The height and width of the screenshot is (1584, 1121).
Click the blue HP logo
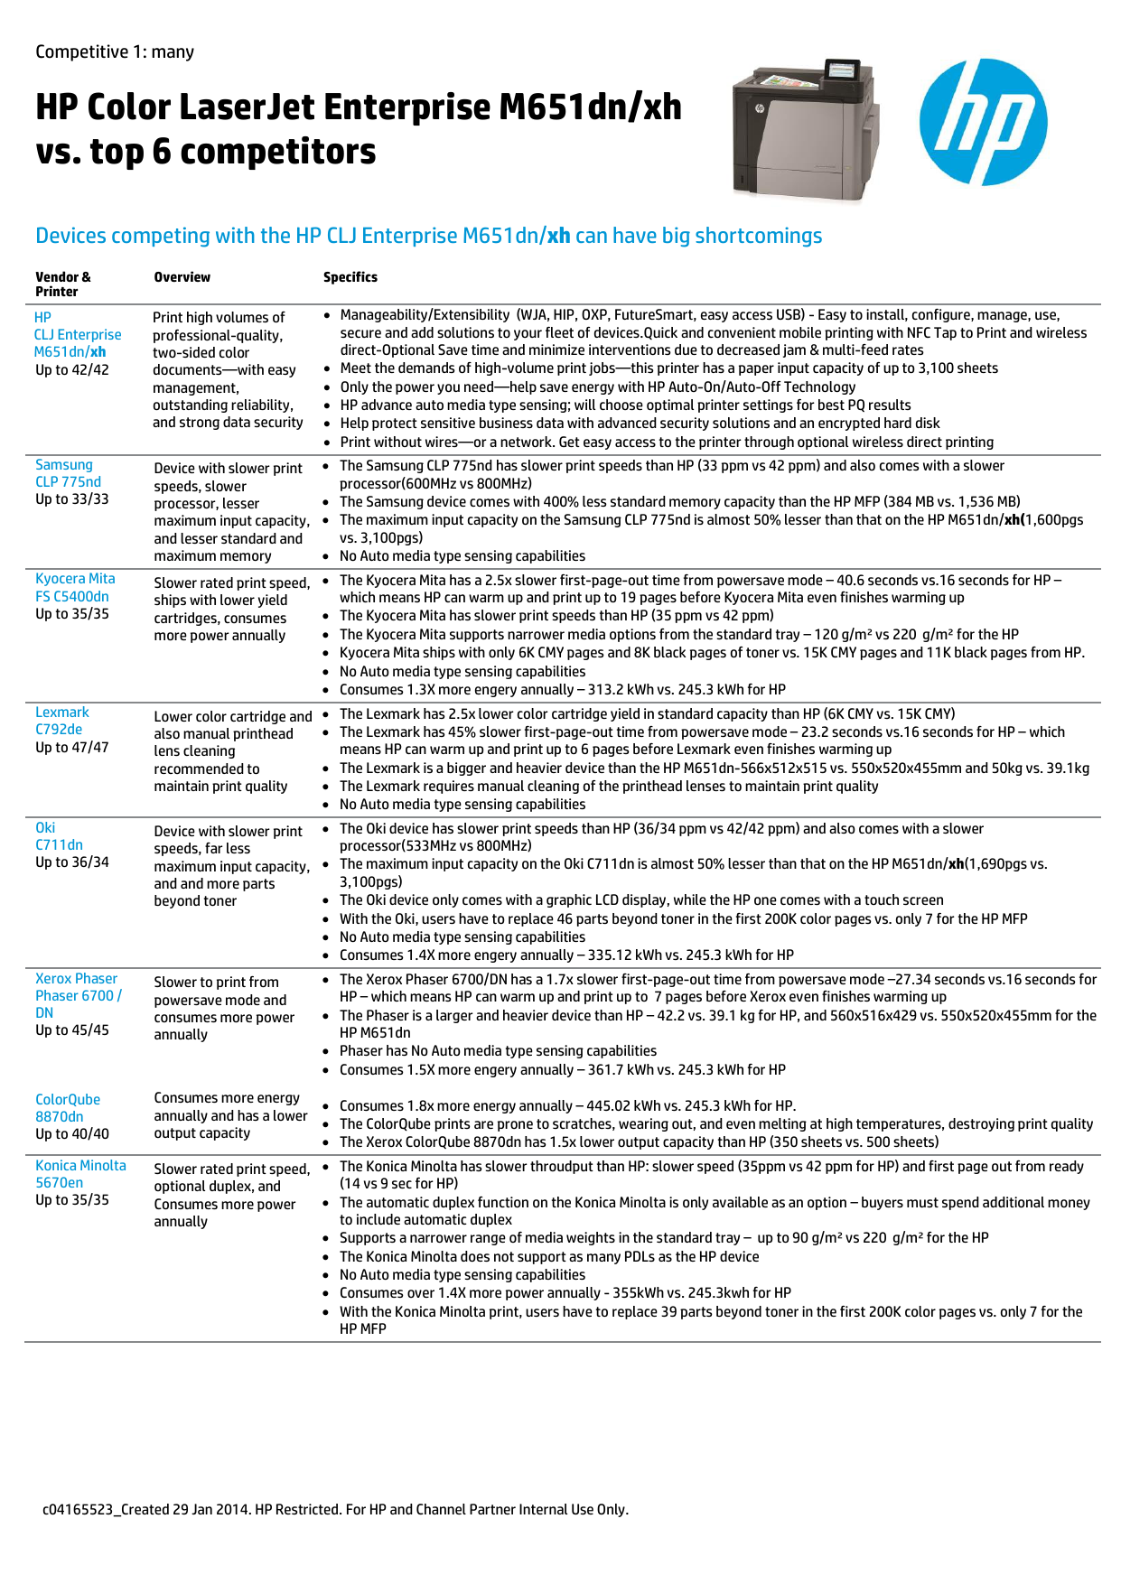tap(983, 122)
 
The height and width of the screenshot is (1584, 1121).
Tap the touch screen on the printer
tap(842, 70)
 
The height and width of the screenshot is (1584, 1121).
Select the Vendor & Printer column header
tap(63, 284)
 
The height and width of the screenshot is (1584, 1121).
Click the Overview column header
tap(182, 277)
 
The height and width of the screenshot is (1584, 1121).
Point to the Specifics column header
tap(350, 277)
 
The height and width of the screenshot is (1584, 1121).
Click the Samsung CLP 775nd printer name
tap(68, 473)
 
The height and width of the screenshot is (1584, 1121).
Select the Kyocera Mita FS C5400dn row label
tap(74, 587)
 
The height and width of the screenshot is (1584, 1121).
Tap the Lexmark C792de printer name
tap(61, 721)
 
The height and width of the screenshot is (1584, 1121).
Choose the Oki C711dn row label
tap(59, 836)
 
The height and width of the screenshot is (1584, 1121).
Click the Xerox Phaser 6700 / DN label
tap(78, 995)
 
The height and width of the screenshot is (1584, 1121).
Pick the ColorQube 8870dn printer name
tap(67, 1108)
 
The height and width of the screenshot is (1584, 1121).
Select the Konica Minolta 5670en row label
tap(80, 1174)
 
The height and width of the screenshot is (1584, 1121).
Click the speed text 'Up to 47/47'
tap(72, 748)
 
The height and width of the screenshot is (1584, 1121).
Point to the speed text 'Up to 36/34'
tap(72, 862)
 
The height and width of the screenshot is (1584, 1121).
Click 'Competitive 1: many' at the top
tap(115, 52)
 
